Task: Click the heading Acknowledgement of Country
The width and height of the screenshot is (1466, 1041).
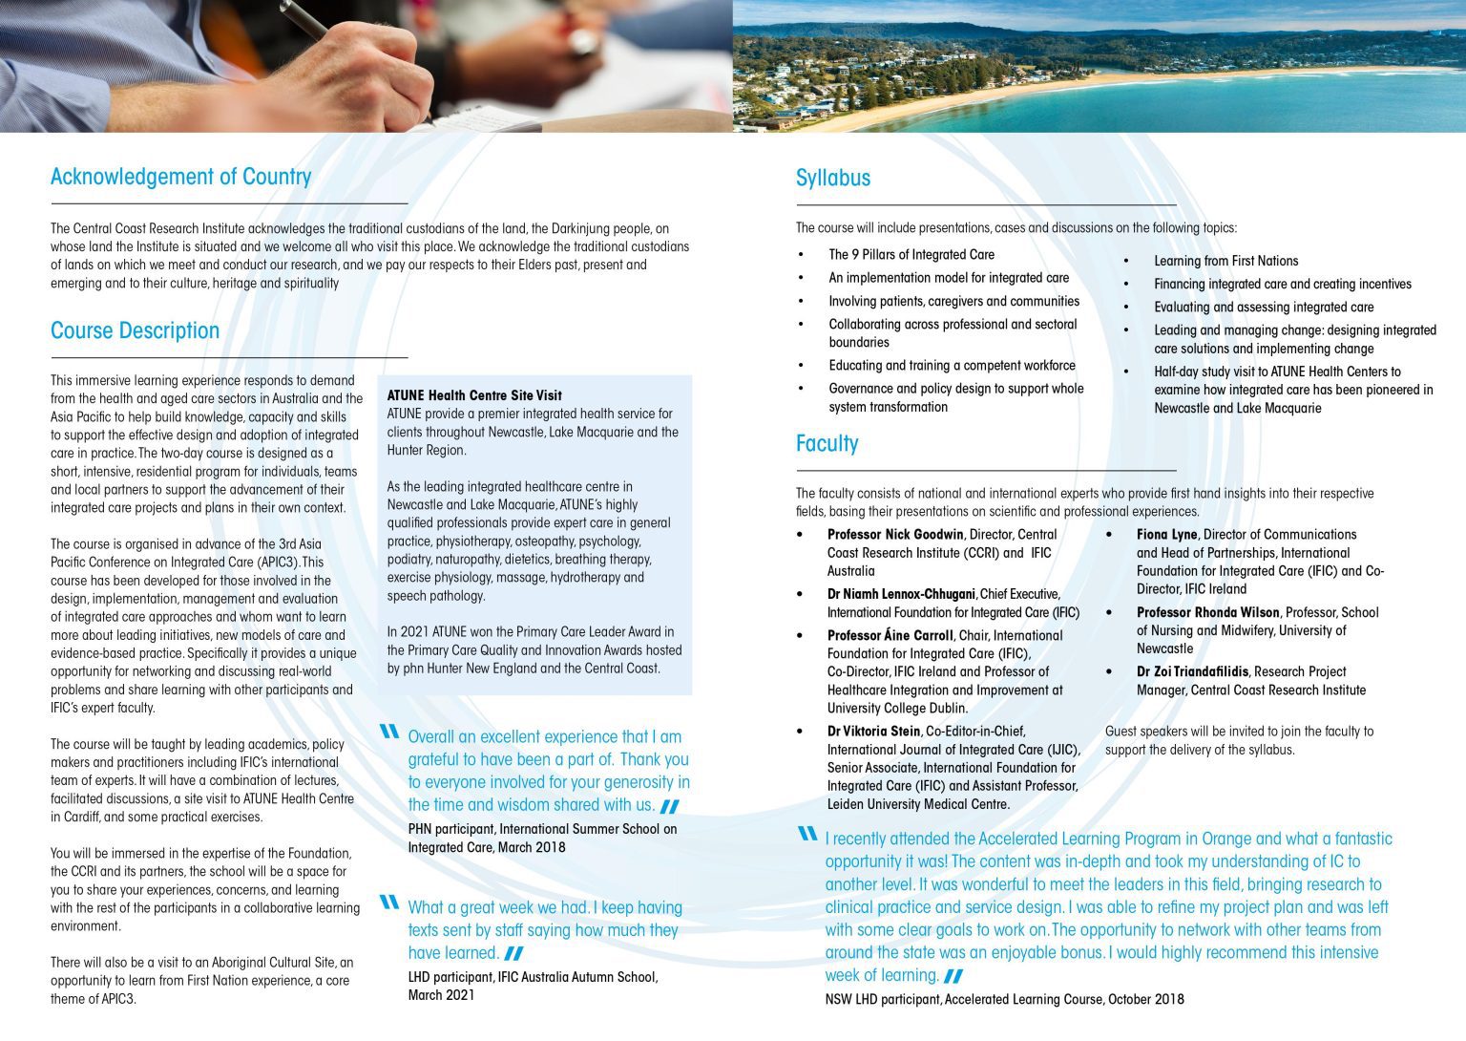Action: [180, 177]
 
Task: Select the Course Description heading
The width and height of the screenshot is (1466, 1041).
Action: [135, 330]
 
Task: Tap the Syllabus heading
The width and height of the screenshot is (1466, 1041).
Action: [832, 178]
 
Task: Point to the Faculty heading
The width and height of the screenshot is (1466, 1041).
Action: [827, 443]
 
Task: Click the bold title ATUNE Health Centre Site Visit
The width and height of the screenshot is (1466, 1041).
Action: [474, 395]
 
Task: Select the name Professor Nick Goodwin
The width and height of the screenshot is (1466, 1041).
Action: [895, 535]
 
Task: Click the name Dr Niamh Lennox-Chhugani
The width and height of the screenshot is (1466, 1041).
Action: [901, 594]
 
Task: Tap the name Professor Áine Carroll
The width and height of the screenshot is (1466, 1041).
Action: [890, 635]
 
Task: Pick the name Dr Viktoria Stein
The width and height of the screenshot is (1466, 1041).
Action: [873, 732]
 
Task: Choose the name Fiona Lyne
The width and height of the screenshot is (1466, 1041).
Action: [1166, 535]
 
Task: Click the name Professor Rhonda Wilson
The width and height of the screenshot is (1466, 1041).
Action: [1207, 612]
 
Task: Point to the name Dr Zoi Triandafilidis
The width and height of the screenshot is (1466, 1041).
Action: [1193, 671]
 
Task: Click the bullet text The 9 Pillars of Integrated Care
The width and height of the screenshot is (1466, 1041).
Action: [911, 255]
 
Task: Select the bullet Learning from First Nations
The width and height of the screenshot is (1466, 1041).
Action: [1225, 261]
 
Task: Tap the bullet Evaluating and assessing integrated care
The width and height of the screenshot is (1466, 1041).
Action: [1263, 308]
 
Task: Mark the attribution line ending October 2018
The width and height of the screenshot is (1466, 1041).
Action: [1004, 1000]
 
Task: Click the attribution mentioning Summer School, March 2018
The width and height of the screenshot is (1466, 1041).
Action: [542, 838]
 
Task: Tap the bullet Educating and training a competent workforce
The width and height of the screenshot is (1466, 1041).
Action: [952, 366]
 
